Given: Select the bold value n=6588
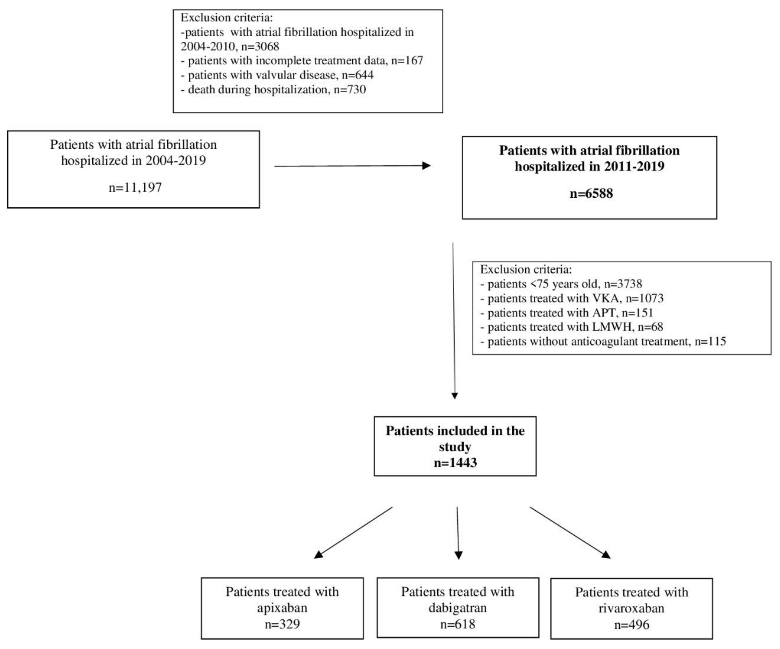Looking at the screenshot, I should click(x=591, y=193).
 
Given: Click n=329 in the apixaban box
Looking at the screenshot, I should click(x=282, y=624).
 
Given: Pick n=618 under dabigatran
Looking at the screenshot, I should click(x=458, y=624).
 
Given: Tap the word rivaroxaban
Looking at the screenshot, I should click(x=631, y=608).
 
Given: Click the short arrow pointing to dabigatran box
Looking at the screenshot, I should click(x=458, y=535).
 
